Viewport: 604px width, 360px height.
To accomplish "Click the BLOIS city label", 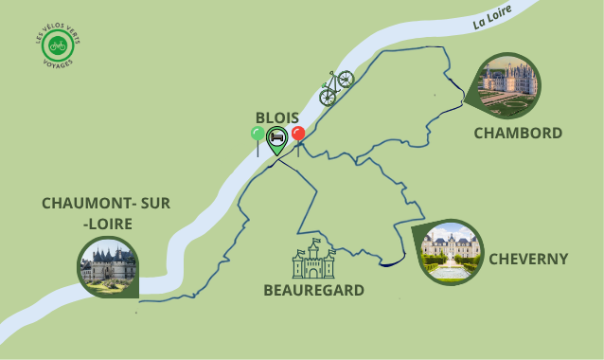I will (277, 117).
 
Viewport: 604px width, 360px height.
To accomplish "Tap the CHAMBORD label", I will (518, 133).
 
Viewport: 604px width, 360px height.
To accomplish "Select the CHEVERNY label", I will (528, 259).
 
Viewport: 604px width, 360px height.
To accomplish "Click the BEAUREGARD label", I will (314, 290).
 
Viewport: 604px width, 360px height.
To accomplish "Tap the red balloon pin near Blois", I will (298, 136).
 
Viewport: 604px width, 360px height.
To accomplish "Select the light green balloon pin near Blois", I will (258, 136).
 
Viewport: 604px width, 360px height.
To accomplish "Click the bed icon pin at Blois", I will (276, 138).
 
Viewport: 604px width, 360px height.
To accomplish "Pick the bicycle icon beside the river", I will (336, 86).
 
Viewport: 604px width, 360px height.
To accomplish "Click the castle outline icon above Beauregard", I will (313, 259).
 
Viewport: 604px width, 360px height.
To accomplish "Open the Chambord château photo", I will (508, 83).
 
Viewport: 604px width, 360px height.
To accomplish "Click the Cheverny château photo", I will (451, 251).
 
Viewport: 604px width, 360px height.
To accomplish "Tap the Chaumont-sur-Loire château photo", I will (107, 265).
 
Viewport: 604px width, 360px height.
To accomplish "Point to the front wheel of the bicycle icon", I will (346, 79).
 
